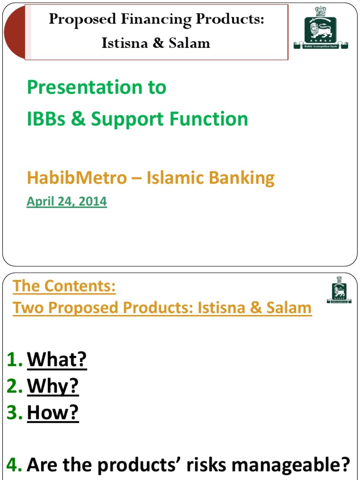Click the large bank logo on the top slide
coord(321,28)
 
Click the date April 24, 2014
coord(67,202)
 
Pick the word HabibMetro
coord(76,178)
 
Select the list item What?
coord(57,360)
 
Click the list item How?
coord(52,413)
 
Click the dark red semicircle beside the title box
coord(13,32)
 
